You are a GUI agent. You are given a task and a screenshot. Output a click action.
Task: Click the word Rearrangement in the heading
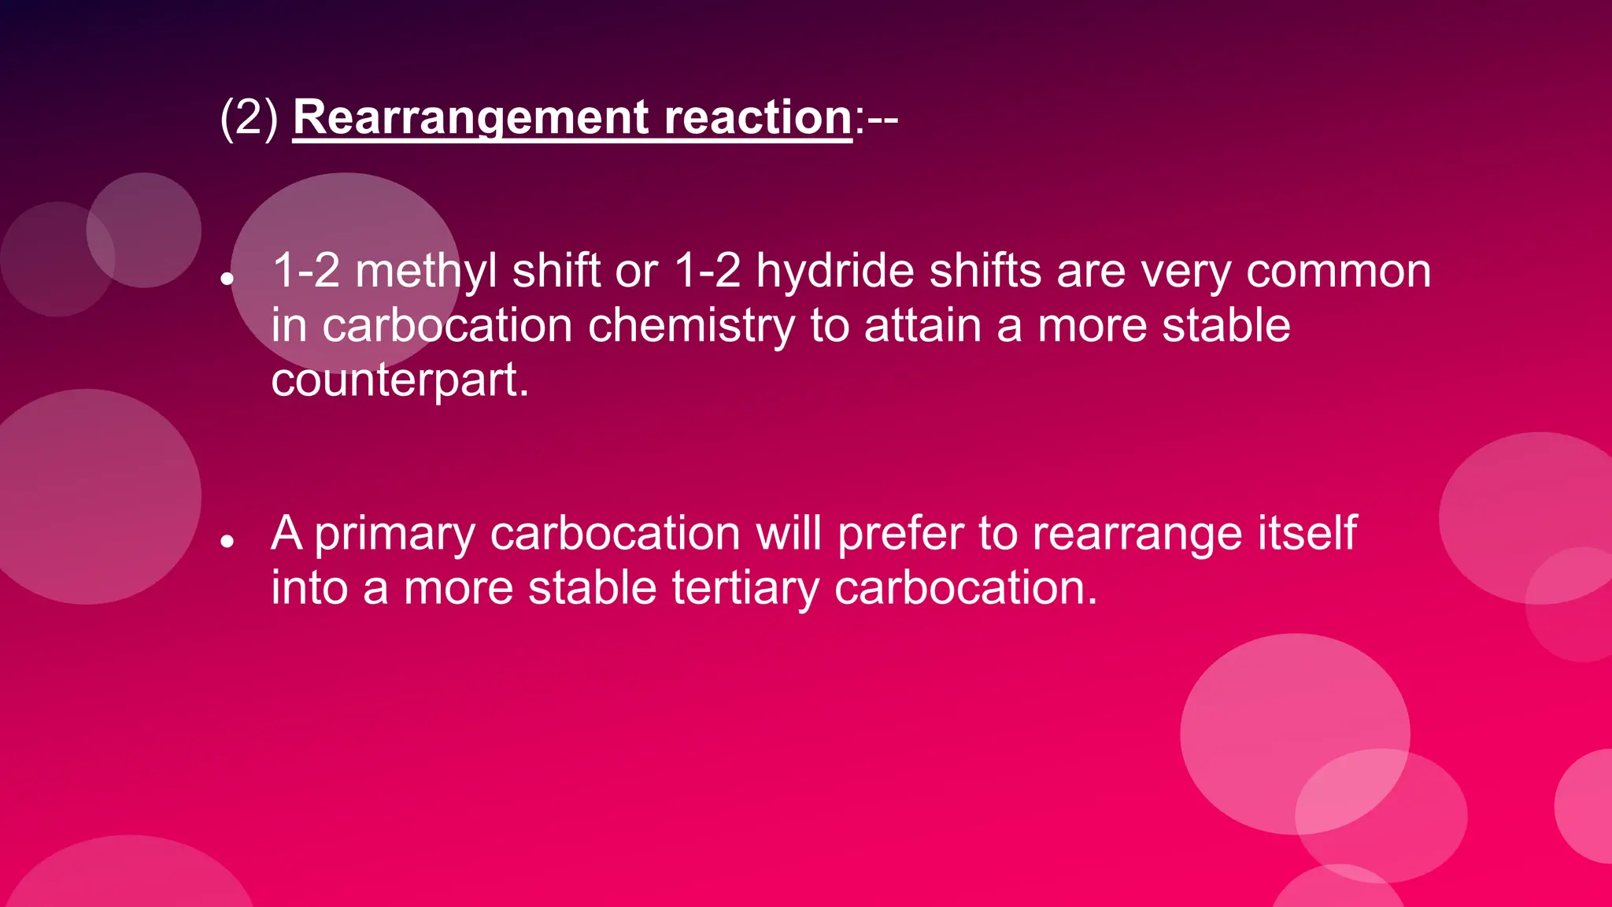471,118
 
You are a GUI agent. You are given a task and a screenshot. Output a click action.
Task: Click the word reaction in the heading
757,118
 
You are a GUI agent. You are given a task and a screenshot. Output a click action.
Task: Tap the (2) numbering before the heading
249,118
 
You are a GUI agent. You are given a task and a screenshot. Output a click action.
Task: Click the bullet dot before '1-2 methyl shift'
227,279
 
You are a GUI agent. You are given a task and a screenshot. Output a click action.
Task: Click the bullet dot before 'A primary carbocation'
227,541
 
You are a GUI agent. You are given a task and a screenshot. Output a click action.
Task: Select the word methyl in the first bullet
426,272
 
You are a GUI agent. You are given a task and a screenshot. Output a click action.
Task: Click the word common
1338,272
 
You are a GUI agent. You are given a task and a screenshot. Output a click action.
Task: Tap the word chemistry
691,326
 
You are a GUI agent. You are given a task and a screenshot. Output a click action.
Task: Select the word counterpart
399,380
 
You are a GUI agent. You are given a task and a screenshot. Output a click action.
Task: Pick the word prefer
900,535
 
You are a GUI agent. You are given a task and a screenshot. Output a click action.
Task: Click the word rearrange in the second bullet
1137,535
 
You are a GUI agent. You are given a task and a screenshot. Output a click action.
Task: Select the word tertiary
745,588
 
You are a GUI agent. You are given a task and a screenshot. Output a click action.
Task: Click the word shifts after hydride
985,272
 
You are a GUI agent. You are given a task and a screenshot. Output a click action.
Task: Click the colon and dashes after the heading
876,120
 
